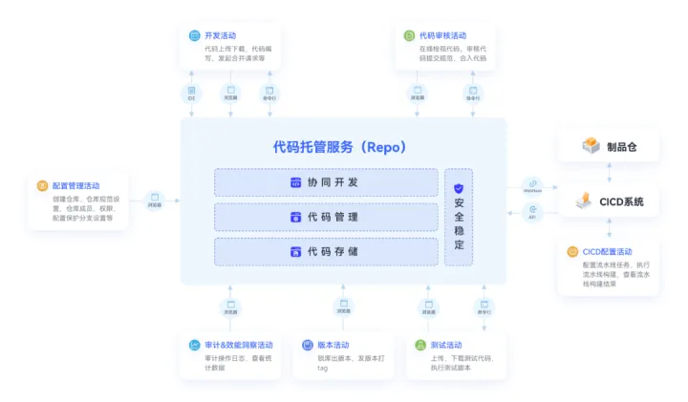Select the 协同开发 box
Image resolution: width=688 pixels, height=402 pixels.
(325, 182)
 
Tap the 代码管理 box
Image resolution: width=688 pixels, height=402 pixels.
(325, 217)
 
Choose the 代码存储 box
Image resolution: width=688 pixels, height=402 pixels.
(325, 252)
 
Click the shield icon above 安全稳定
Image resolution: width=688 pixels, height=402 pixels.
(459, 189)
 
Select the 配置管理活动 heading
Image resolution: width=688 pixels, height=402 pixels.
(75, 185)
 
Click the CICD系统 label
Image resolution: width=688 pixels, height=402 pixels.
(621, 201)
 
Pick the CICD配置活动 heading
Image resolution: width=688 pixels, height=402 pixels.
(607, 251)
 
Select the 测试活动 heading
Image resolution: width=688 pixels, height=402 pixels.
(446, 345)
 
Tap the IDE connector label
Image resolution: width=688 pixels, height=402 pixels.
(191, 97)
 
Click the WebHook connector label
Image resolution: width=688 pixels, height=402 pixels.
(532, 190)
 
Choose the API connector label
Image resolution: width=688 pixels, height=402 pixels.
(532, 217)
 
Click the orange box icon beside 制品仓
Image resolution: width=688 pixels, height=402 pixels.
(591, 146)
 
